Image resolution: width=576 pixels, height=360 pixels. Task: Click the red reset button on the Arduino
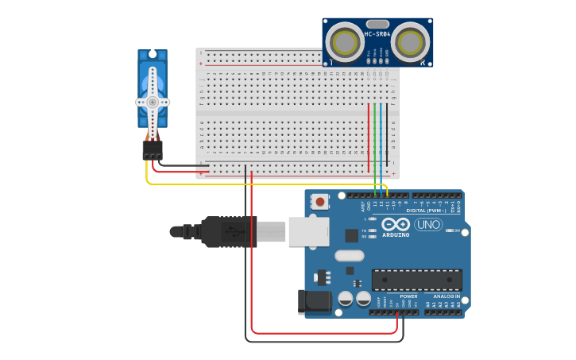pos(319,202)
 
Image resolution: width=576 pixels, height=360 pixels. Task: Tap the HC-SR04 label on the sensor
pos(377,34)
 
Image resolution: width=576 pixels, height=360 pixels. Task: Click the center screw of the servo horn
pos(153,102)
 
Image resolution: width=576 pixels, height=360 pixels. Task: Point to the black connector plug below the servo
pos(153,150)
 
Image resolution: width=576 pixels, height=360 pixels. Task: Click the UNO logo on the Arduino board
pos(428,225)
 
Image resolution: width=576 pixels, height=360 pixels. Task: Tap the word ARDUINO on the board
pos(396,235)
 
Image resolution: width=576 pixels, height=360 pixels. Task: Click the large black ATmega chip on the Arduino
pos(416,280)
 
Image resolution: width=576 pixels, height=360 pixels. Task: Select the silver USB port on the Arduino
pos(308,231)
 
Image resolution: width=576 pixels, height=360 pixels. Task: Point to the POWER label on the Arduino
pos(408,296)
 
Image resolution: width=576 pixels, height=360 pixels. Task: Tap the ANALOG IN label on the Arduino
pos(446,296)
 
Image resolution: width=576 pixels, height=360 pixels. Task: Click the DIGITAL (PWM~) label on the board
pos(426,211)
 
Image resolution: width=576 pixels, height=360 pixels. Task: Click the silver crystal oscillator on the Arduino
pos(350,256)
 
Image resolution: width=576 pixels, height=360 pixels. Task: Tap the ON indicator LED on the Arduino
pos(450,230)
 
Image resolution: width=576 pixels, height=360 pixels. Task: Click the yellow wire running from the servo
pos(238,184)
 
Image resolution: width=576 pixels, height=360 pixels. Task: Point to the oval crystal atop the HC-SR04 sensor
pos(378,24)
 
